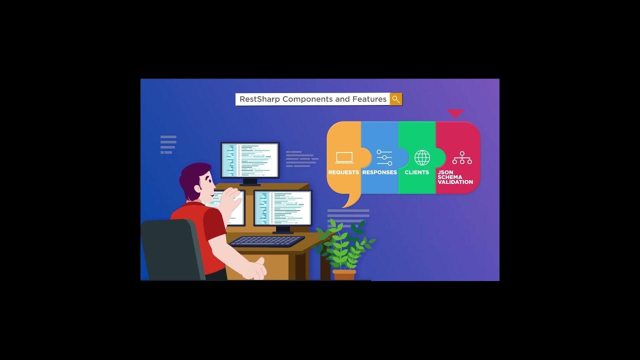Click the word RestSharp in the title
(259, 99)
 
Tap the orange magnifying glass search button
(396, 99)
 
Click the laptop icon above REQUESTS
(344, 158)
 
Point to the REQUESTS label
(343, 172)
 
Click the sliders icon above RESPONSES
(384, 157)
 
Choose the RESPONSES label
(379, 172)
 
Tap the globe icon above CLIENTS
(422, 157)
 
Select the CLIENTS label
(417, 172)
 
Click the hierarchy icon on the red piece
(462, 158)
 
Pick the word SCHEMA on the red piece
(450, 177)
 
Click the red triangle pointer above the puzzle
(455, 113)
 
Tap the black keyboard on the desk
(266, 241)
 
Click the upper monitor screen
(250, 160)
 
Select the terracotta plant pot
(344, 274)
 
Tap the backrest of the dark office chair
(170, 250)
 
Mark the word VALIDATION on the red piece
(455, 182)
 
